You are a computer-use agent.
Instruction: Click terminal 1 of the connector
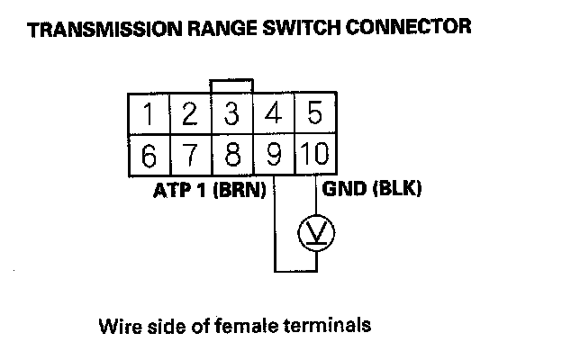point(148,114)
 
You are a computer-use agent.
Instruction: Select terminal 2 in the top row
point(189,114)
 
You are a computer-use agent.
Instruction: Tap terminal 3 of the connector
point(231,114)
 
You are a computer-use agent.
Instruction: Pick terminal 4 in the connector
point(274,114)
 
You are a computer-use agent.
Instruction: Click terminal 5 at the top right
point(314,114)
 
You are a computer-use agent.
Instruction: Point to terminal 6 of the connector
point(148,156)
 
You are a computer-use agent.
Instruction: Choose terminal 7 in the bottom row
point(189,156)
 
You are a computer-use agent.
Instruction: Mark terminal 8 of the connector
point(231,156)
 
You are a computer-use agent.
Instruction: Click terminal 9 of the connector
point(274,156)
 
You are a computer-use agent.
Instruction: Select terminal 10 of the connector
point(314,156)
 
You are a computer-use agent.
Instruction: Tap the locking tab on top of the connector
point(231,85)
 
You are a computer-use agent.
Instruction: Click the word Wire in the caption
point(117,324)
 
